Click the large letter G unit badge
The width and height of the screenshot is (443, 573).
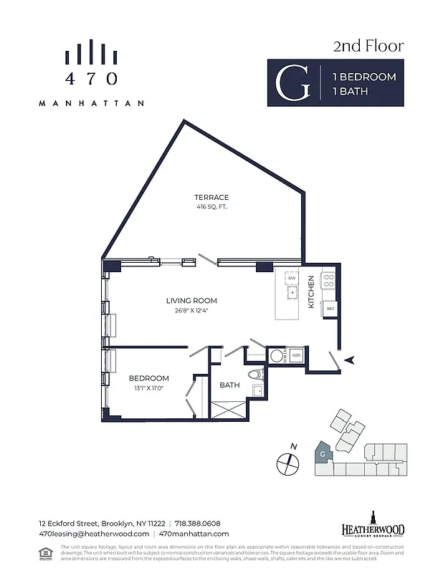coord(294,83)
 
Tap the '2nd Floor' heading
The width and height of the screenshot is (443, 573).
coord(368,47)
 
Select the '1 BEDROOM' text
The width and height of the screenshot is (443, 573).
coord(363,77)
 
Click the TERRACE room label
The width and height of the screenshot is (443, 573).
coord(211,198)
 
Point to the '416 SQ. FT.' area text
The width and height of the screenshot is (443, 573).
coord(211,207)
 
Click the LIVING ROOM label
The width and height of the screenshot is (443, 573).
coord(191,301)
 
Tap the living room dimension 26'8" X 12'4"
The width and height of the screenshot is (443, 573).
coord(191,311)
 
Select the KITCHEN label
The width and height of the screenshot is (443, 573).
coord(311,292)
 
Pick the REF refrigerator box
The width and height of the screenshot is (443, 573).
coord(330,309)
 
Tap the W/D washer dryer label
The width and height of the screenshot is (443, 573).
coord(295,355)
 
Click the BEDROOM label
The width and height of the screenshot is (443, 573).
coord(148,378)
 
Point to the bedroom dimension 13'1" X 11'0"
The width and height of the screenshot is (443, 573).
coord(148,387)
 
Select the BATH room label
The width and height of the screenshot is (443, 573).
coord(229,385)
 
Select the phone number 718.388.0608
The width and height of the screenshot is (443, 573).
coord(194,524)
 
